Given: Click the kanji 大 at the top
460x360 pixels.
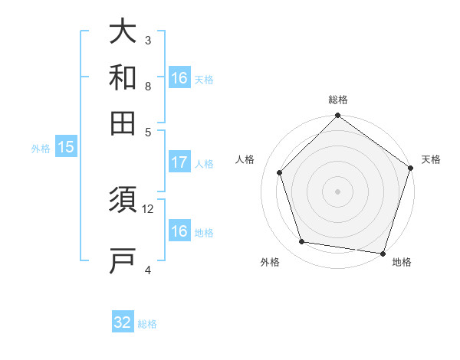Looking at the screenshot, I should click(123, 33).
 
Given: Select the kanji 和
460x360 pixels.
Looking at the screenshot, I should click(123, 77).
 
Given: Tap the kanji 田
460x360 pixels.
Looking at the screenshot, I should click(123, 123).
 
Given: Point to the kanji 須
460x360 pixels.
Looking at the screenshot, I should click(123, 204).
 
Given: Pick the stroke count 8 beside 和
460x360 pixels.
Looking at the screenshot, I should click(148, 86).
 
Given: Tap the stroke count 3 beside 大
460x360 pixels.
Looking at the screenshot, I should click(148, 40).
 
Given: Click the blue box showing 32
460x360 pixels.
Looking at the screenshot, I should click(123, 323).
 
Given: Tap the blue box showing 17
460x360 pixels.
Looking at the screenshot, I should click(179, 162).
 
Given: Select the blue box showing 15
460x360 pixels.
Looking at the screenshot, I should click(66, 148).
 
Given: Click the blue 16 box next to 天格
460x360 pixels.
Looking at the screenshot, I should click(179, 78).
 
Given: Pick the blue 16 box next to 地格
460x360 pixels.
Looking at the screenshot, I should click(179, 231).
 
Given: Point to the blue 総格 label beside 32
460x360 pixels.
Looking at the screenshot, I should click(147, 324).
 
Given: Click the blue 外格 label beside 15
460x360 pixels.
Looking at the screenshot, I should click(41, 149).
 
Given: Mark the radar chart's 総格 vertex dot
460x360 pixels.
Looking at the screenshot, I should click(337, 116).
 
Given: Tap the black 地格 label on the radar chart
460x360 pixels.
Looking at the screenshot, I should click(402, 263).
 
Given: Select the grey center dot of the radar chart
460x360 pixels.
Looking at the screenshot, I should click(337, 191).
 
